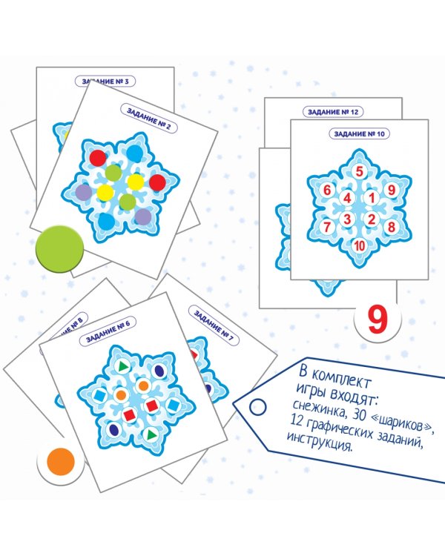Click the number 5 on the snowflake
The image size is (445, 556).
pyautogui.click(x=360, y=172)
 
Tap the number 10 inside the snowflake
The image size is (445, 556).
pyautogui.click(x=360, y=245)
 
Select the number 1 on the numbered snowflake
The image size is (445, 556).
pyautogui.click(x=372, y=197)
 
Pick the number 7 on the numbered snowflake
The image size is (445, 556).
pyautogui.click(x=327, y=227)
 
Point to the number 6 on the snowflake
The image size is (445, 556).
pyautogui.click(x=327, y=190)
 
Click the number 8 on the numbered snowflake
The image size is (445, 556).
pyautogui.click(x=392, y=227)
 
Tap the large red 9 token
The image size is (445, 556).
pyautogui.click(x=378, y=320)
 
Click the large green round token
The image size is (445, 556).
pyautogui.click(x=59, y=249)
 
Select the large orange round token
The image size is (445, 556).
pyautogui.click(x=61, y=462)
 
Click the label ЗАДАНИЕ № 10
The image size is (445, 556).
pyautogui.click(x=359, y=134)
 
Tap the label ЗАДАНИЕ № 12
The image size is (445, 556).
pyautogui.click(x=333, y=112)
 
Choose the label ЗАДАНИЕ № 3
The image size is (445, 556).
pyautogui.click(x=105, y=82)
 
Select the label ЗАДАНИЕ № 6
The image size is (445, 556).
pyautogui.click(x=108, y=331)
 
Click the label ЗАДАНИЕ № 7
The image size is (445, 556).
pyautogui.click(x=214, y=325)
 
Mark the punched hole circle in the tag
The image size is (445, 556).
pyautogui.click(x=257, y=407)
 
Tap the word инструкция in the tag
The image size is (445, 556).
pyautogui.click(x=320, y=442)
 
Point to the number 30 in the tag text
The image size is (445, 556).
pyautogui.click(x=357, y=414)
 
